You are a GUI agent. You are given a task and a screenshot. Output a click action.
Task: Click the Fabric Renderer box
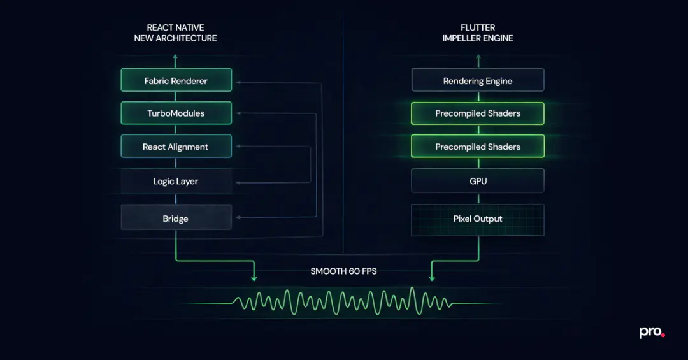coord(176,81)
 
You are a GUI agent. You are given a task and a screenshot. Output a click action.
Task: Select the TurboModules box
coord(176,113)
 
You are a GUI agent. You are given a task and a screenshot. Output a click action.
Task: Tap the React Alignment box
coord(176,147)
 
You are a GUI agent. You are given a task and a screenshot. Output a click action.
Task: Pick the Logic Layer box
coord(176,182)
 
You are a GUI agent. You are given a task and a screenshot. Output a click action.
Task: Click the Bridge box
coord(176,219)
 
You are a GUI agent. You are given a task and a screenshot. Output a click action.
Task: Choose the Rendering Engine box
coord(478,81)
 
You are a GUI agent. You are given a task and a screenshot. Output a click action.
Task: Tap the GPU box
coord(478,182)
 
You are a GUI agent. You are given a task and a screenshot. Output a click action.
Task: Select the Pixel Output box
coord(478,219)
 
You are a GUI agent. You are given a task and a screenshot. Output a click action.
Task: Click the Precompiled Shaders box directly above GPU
coord(478,147)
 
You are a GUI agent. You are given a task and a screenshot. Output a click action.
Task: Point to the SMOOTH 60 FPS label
coord(343,271)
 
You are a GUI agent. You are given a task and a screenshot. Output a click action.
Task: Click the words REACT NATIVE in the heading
coord(175,27)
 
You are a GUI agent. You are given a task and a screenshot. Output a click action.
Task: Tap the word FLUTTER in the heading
coord(478,27)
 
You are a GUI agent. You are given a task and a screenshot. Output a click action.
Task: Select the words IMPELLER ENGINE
coord(478,38)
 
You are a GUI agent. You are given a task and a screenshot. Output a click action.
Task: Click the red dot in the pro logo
coord(663,335)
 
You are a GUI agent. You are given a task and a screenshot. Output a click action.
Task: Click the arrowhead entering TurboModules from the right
coord(236,113)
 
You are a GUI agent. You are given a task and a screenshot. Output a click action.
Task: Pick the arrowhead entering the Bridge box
coord(236,219)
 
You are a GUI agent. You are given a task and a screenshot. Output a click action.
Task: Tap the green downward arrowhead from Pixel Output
coord(433,278)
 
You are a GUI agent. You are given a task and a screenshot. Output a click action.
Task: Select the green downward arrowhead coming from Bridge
coord(254,278)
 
